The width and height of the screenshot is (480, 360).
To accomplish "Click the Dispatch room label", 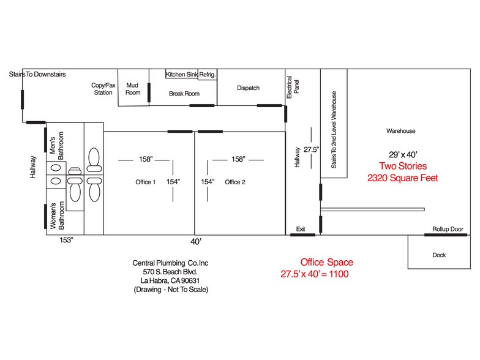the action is tap(248, 88).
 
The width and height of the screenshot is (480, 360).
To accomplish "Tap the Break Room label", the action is tap(184, 94).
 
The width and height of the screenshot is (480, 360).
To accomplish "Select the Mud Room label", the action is tap(133, 89).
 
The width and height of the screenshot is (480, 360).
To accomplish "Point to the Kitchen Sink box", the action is tap(181, 75).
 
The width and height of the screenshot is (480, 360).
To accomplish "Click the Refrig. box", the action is tap(208, 75).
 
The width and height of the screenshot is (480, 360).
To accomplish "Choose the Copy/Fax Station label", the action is tap(102, 89).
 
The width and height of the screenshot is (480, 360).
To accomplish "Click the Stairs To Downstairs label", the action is tap(37, 74).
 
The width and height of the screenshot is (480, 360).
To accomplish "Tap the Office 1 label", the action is tap(146, 182).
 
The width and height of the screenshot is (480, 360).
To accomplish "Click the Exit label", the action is tap(301, 228).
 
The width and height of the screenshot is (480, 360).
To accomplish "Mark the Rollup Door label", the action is tap(449, 228).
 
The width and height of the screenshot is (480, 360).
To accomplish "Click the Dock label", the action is tap(439, 255).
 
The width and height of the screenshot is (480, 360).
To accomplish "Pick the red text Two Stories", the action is tap(403, 166).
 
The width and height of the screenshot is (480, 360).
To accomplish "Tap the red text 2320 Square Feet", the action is tap(402, 178).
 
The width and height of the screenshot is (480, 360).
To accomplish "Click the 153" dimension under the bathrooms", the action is tap(67, 240).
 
